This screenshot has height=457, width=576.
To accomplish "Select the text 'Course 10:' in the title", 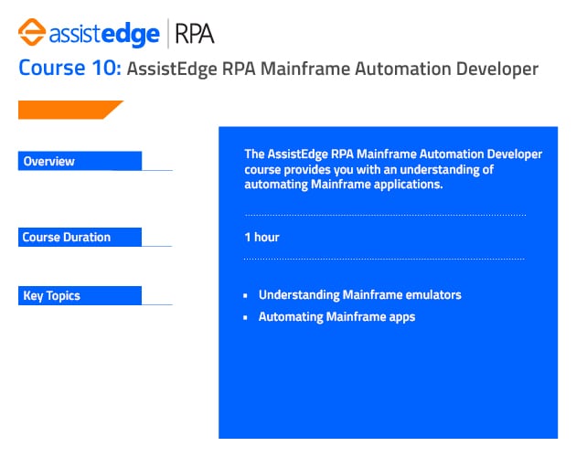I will click(69, 69).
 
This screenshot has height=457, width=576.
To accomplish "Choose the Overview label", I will click(49, 162).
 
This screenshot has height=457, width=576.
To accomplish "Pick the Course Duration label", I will click(66, 238).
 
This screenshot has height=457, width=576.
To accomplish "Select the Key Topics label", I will click(51, 296).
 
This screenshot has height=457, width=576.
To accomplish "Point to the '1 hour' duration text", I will click(261, 238).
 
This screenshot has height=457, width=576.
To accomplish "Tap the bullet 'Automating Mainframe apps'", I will click(336, 317).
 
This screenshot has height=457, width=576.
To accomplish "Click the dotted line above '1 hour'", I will click(384, 216).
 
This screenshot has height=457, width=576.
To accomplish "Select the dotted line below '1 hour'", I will click(384, 260).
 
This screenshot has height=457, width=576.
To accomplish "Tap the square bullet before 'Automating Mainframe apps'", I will click(246, 318).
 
